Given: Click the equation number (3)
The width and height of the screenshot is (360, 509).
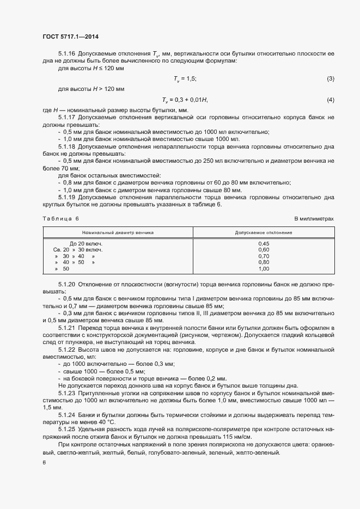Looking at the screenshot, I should click(330, 79).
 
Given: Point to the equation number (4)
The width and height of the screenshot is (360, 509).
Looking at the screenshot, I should click(330, 100).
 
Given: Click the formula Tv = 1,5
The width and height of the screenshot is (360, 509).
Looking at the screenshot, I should click(185, 79).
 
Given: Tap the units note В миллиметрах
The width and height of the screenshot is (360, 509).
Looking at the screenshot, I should click(314, 218).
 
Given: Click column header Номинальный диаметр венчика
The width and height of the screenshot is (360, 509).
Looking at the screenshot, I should click(119, 232).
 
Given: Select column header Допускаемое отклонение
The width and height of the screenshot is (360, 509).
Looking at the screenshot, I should click(264, 232).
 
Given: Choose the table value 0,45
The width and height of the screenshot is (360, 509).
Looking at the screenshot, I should click(264, 243).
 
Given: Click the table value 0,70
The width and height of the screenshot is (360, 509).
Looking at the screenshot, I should click(264, 256).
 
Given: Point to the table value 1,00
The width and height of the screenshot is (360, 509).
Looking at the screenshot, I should click(264, 269).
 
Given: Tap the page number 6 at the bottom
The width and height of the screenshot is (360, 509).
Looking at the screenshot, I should click(44, 463).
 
